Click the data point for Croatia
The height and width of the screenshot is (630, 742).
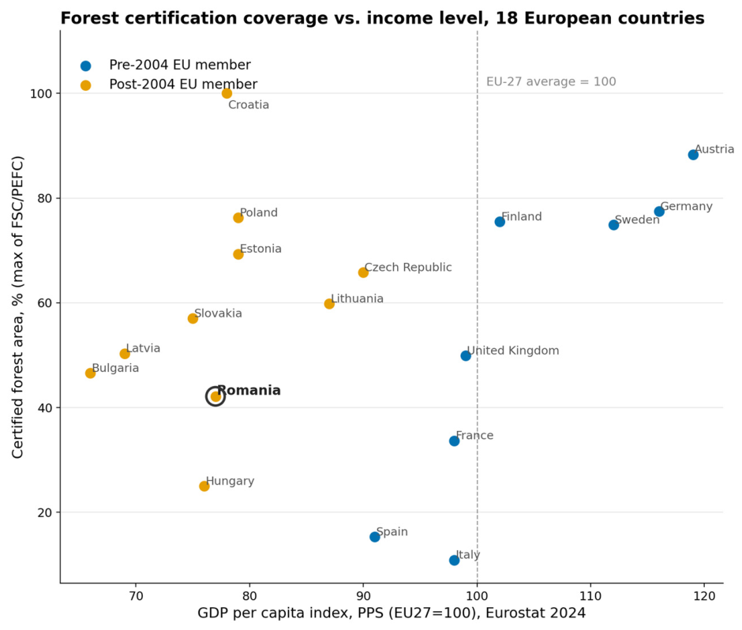[227, 93]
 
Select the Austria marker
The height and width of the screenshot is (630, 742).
[693, 155]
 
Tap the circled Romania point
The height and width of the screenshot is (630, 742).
[215, 396]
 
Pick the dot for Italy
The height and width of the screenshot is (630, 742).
[455, 561]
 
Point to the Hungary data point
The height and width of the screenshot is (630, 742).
[204, 486]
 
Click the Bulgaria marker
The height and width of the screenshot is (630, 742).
[91, 373]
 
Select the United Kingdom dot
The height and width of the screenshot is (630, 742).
[466, 355]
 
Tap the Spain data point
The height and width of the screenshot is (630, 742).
[375, 537]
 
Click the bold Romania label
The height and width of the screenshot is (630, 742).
[249, 391]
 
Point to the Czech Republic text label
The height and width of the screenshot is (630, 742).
[408, 268]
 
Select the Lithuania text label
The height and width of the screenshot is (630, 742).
[358, 298]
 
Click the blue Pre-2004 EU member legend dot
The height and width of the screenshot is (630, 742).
[86, 66]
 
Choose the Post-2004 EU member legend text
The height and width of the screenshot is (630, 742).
[183, 84]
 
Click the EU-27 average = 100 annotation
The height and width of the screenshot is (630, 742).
[551, 81]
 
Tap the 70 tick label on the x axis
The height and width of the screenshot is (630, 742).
[136, 596]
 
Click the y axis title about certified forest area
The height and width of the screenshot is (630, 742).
[17, 307]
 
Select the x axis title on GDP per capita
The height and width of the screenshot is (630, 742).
[392, 613]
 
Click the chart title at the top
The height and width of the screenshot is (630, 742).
[382, 18]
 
